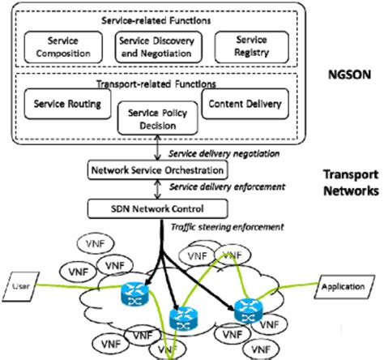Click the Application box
point(346,286)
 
